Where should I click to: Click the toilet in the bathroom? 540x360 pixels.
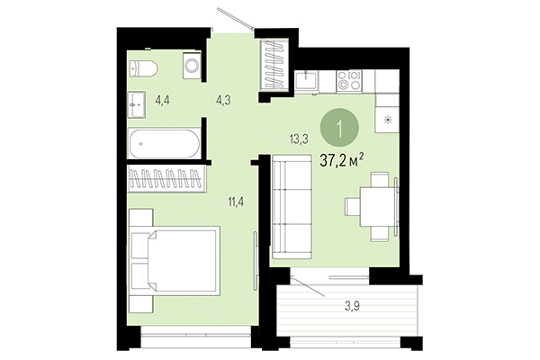point(145,67)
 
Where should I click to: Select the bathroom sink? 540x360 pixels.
point(136,102)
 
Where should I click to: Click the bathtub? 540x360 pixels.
point(165,145)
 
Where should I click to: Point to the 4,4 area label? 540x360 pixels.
point(164,101)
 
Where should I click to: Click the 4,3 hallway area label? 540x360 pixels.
point(222,101)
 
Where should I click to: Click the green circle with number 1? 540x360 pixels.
point(342,127)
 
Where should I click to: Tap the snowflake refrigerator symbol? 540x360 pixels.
point(388,121)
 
